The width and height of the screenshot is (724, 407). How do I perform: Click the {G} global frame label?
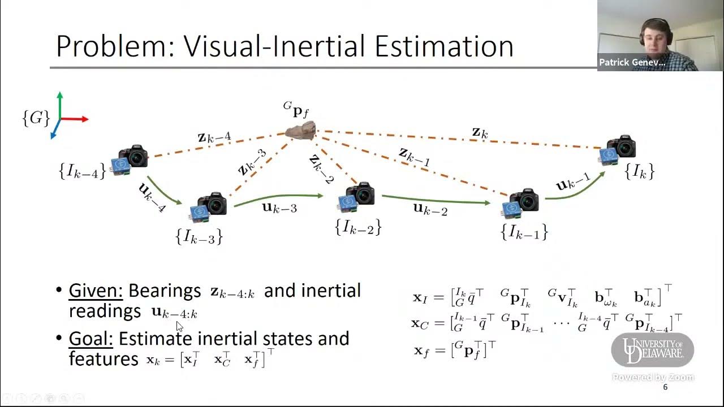[36, 118]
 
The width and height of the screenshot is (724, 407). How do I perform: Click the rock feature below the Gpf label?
[300, 131]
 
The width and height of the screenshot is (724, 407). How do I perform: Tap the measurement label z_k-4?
[214, 137]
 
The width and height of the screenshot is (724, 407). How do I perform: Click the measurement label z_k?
[480, 133]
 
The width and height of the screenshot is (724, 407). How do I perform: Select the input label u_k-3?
[279, 207]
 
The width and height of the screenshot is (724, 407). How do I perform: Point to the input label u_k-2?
[430, 210]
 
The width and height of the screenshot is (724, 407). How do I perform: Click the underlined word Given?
[96, 291]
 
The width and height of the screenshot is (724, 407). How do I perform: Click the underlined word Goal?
[91, 339]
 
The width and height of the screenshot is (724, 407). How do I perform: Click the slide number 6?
[665, 387]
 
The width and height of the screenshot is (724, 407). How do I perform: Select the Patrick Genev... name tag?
[632, 63]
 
